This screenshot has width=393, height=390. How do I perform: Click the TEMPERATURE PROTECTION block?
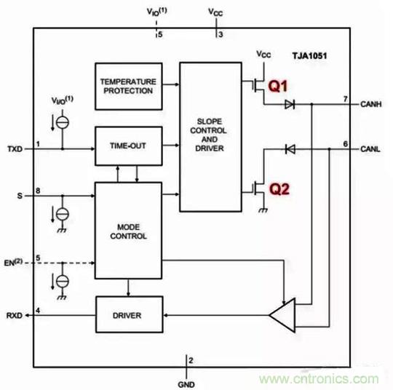pos(127,85)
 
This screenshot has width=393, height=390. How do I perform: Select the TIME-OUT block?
pos(127,146)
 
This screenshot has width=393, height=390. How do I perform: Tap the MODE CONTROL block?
pos(127,231)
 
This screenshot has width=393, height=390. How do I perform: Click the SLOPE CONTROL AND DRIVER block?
pos(209,136)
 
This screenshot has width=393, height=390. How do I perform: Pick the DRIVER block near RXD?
pos(127,315)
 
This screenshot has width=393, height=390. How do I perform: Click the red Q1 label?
pos(279,86)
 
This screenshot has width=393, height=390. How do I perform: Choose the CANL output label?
pos(372,149)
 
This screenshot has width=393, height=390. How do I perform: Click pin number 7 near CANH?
pos(346,97)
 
